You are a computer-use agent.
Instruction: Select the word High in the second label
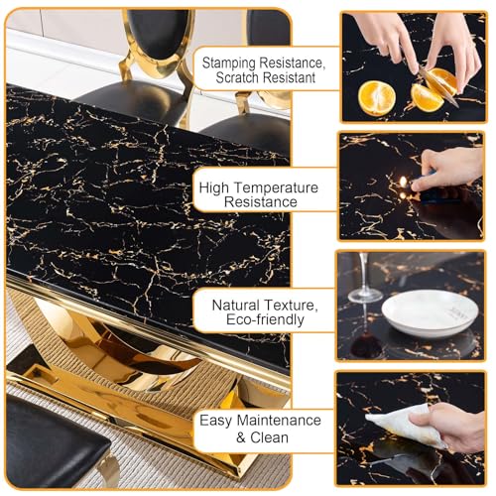pyautogui.click(x=218, y=186)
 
